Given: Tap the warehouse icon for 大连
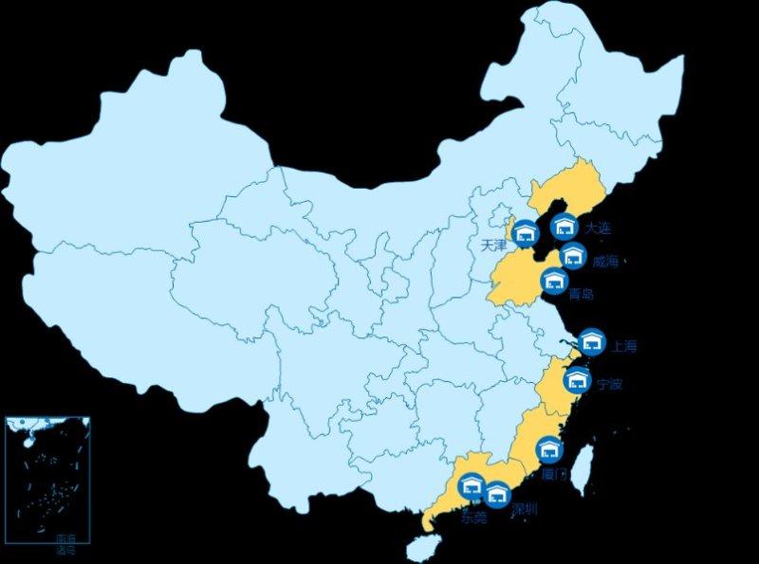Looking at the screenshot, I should tap(565, 226).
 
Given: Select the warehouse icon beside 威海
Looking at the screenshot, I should tap(573, 256).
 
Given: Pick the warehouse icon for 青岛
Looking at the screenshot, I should tap(554, 281).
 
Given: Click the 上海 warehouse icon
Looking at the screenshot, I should tap(593, 342).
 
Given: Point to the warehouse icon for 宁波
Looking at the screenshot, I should tap(577, 381).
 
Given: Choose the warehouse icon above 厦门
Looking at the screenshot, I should tap(549, 450).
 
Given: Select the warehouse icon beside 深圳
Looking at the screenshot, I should tap(497, 494).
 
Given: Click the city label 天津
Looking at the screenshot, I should tap(494, 245).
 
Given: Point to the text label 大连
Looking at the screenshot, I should tap(599, 228).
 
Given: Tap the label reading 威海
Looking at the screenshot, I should tap(604, 262).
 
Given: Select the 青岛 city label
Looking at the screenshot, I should tap(581, 295).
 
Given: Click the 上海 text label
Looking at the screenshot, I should tap(624, 346).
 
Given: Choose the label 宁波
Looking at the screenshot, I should tap(610, 385).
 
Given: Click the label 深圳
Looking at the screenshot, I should tap(525, 510).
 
